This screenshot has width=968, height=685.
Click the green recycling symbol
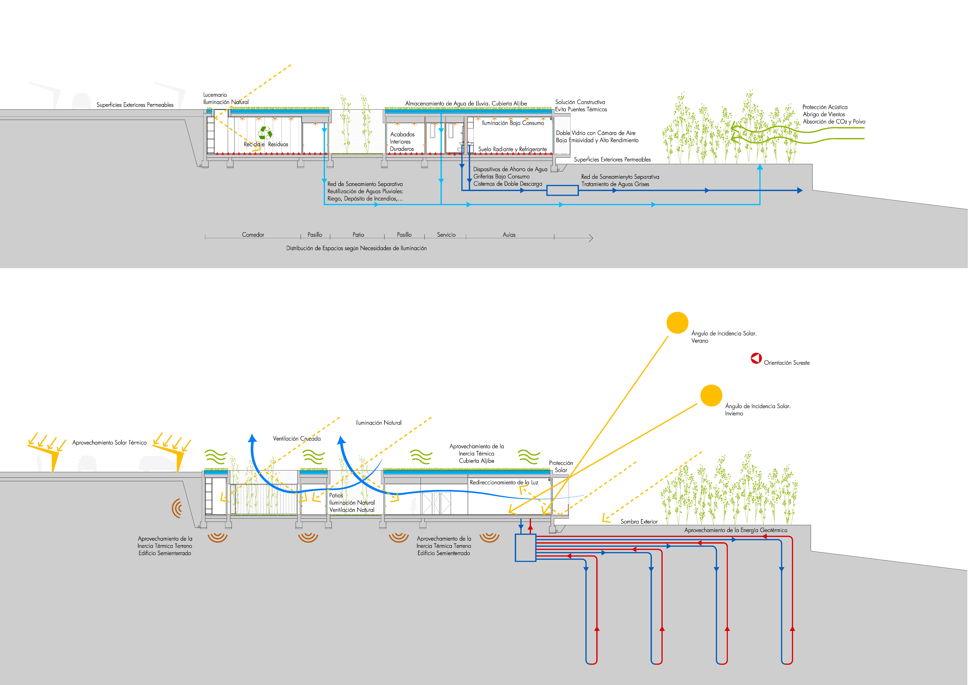click(x=265, y=133)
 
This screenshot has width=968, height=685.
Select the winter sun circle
click(x=711, y=395)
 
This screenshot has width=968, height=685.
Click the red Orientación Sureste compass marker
click(x=756, y=358)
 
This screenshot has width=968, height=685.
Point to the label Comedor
click(x=253, y=235)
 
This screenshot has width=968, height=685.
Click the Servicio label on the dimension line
click(x=446, y=235)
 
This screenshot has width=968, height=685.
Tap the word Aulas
click(x=509, y=235)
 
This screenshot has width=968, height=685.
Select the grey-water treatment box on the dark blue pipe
click(x=562, y=190)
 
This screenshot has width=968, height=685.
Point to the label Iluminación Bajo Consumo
click(x=513, y=123)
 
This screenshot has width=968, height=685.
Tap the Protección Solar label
click(x=561, y=466)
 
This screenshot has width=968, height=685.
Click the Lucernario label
click(x=215, y=95)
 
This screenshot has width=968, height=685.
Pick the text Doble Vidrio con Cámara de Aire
click(x=595, y=133)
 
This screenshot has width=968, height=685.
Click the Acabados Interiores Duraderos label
click(x=402, y=141)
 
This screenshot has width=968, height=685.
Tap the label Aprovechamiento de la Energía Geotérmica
click(x=736, y=530)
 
